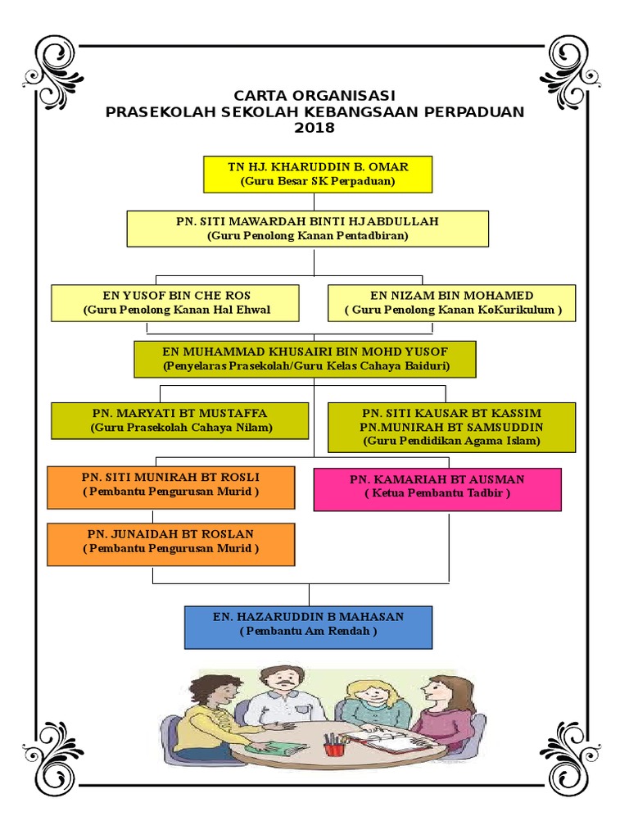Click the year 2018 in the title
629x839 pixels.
tap(314, 129)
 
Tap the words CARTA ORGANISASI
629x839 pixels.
tap(314, 95)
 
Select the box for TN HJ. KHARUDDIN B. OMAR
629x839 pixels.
tap(318, 174)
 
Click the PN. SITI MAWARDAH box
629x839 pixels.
tap(308, 229)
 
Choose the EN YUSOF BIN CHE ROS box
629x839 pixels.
tap(177, 302)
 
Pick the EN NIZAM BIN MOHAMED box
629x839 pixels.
tap(451, 302)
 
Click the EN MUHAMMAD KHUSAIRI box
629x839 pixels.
tap(305, 359)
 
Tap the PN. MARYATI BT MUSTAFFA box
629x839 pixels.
tap(179, 420)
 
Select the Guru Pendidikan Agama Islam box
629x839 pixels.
tap(451, 427)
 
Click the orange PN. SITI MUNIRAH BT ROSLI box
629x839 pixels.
tap(170, 488)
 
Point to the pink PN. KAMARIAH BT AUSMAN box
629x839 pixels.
tap(437, 490)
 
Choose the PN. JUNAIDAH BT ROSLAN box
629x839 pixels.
tap(170, 545)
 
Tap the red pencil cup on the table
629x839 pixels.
tap(333, 745)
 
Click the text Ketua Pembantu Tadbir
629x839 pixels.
tap(437, 493)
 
